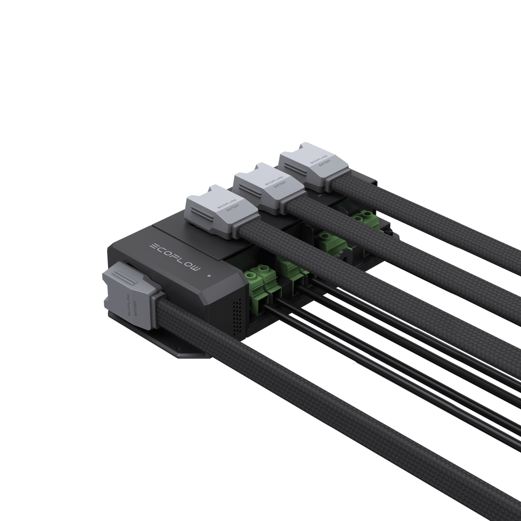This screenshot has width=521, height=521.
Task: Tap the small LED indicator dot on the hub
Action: [208, 276]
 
